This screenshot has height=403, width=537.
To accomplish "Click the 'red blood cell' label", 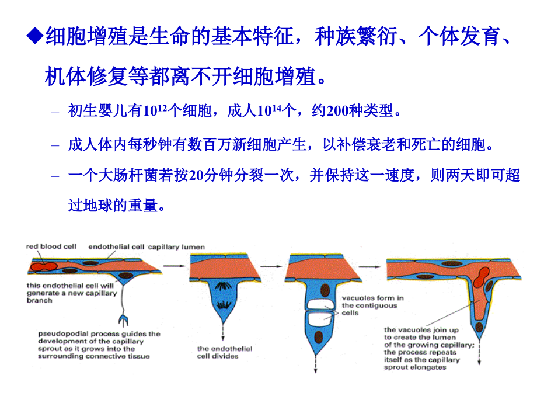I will coord(51,246).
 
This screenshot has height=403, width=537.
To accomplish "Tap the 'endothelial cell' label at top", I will coord(116,246).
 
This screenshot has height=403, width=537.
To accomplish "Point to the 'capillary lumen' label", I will coord(176,246).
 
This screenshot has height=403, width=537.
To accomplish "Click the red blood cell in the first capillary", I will coord(42,266).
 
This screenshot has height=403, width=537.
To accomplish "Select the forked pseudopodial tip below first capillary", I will coord(124,319).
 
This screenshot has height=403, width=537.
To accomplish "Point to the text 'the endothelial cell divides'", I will coord(224,352).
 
